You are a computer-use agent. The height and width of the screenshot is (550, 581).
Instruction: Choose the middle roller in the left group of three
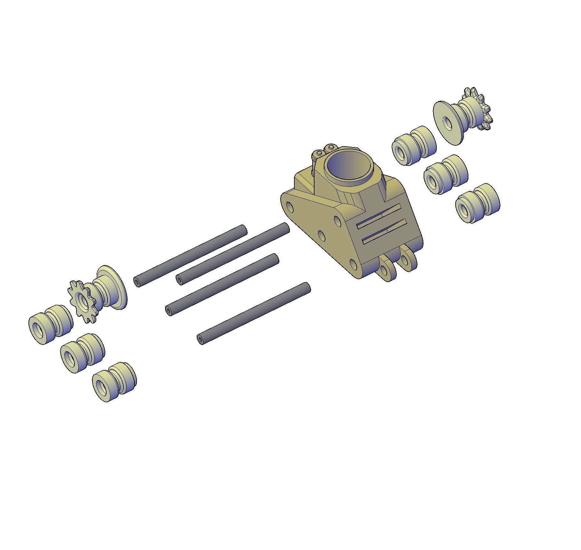[82, 353]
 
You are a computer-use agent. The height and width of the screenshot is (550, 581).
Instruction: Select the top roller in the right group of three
[414, 145]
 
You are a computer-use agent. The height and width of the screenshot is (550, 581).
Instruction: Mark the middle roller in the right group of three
[446, 174]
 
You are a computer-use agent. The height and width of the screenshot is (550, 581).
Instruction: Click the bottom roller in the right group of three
[477, 203]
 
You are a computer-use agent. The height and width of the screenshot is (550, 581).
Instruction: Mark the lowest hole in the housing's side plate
[353, 264]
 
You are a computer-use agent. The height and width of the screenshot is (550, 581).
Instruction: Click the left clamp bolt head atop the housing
[318, 155]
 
